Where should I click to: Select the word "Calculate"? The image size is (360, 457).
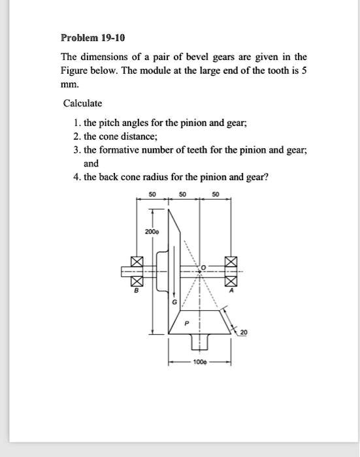pos(82,104)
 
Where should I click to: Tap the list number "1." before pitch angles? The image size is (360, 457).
pos(77,122)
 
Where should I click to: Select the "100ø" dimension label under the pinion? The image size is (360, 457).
pos(201,361)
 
